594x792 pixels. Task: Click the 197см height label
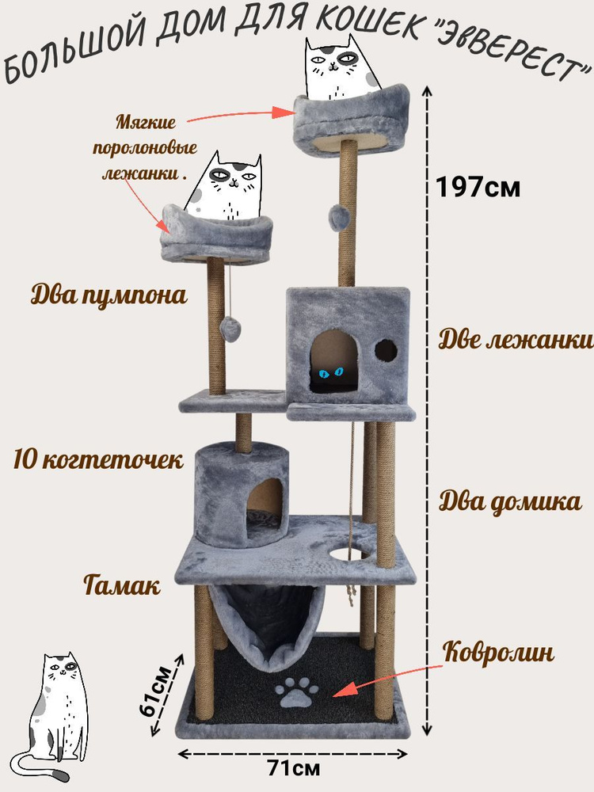click(478, 188)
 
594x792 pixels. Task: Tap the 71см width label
click(294, 768)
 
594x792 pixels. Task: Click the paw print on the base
click(296, 694)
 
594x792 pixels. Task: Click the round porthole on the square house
click(386, 350)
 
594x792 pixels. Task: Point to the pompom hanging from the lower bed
click(233, 326)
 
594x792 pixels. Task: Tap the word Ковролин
click(498, 653)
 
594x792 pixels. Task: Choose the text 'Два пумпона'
click(109, 295)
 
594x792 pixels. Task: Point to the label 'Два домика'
click(511, 502)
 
